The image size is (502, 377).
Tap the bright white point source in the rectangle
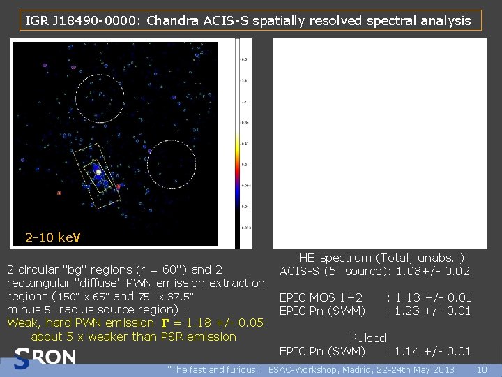[x=99, y=171]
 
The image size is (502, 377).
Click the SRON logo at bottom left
[x=44, y=357]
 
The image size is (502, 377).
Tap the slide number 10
[x=480, y=369]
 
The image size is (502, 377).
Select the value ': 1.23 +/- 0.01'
[x=429, y=311]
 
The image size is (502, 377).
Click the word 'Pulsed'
[x=367, y=338]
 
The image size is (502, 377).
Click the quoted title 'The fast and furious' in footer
[x=215, y=369]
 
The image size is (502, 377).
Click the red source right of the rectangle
[x=119, y=186]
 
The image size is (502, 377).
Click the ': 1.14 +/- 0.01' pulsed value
[x=429, y=351]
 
